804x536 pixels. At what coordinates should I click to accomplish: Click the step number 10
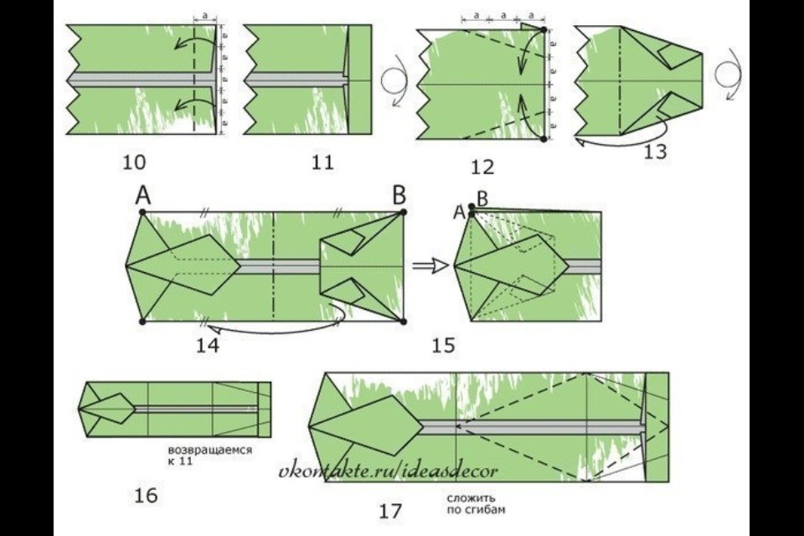click(134, 162)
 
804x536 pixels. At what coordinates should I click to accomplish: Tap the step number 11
click(322, 162)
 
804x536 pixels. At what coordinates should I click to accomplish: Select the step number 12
click(482, 167)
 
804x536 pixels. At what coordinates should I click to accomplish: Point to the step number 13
click(655, 152)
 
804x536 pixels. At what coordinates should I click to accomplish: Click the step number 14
click(208, 345)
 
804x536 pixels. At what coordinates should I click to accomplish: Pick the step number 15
click(443, 345)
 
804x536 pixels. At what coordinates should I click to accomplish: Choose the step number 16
click(146, 496)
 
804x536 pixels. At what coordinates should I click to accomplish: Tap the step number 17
click(391, 512)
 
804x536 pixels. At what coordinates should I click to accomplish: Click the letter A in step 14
click(143, 195)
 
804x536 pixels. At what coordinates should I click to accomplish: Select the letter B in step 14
click(399, 195)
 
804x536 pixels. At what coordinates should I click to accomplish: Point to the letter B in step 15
click(482, 198)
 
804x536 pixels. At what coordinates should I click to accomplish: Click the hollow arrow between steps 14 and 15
click(431, 265)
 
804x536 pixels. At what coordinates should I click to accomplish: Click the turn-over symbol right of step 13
click(728, 76)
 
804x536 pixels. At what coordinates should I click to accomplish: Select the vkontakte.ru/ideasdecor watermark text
click(388, 469)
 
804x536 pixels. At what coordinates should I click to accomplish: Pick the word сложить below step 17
click(471, 498)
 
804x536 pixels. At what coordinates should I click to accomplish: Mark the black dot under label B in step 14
click(403, 212)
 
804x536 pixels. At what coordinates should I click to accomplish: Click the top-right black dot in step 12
click(544, 30)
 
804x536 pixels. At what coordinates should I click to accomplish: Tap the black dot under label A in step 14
click(142, 212)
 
